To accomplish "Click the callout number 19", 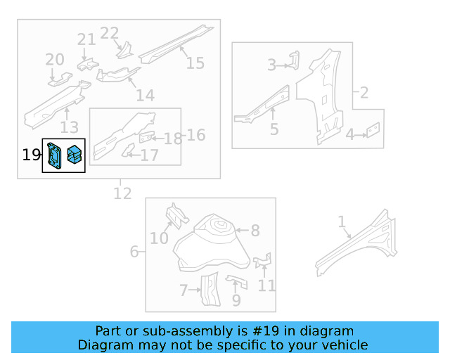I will coord(32,155).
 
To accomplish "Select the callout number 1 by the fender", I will coord(342,222).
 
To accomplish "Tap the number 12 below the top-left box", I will coord(122,193).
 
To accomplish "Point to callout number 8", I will coord(255,230).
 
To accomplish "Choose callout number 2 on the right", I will coord(364,92).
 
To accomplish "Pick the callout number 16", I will coord(196,134).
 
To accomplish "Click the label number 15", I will coord(195,63).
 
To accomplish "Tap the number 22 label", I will coord(110,33).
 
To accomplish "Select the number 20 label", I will coord(55,60).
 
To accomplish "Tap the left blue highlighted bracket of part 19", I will coord(54,156).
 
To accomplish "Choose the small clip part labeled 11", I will coord(263,261).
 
